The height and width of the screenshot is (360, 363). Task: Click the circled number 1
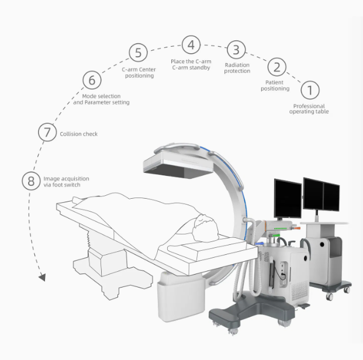click(x=310, y=90)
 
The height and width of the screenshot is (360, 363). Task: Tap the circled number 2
click(x=277, y=67)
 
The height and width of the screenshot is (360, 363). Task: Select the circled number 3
click(x=236, y=50)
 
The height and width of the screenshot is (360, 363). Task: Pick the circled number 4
click(x=191, y=45)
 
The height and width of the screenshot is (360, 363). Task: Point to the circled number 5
click(x=138, y=53)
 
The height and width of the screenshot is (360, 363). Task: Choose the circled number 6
click(x=92, y=80)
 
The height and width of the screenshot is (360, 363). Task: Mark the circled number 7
click(x=47, y=132)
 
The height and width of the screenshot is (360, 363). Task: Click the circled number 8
click(x=31, y=181)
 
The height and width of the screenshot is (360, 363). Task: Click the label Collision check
click(x=79, y=134)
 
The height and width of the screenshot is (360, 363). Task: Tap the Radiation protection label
click(x=237, y=68)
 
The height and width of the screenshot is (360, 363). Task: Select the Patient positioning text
click(x=275, y=85)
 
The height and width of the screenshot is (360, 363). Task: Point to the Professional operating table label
click(x=309, y=109)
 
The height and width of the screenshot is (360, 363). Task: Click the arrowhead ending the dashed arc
click(x=42, y=277)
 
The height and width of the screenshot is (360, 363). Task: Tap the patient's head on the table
click(x=205, y=228)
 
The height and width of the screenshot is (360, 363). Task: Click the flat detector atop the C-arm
click(x=178, y=165)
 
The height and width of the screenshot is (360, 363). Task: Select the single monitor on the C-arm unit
click(x=288, y=199)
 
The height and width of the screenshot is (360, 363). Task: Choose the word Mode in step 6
click(x=89, y=96)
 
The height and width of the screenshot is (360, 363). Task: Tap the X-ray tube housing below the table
click(x=181, y=297)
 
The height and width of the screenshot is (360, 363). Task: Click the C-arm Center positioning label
click(x=139, y=72)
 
